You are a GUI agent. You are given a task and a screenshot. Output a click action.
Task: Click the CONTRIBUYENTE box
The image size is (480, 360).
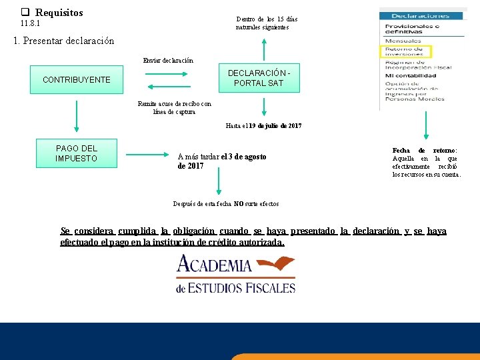(77, 79)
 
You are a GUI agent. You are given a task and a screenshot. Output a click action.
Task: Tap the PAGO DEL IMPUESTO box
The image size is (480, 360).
(77, 153)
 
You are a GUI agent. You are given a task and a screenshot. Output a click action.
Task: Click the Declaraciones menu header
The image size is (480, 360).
(421, 15)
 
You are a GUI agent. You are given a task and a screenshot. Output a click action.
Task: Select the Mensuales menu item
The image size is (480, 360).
(403, 41)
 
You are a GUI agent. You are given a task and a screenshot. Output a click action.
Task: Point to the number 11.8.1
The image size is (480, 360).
(30, 23)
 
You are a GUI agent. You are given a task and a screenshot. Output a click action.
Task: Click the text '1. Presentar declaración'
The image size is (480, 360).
(64, 41)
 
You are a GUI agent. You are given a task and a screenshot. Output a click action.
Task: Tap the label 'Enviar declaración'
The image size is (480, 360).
(168, 61)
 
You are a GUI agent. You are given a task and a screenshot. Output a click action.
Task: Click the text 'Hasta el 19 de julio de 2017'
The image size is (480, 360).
(263, 125)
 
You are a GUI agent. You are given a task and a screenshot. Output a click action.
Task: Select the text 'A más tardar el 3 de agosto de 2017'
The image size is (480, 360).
(221, 161)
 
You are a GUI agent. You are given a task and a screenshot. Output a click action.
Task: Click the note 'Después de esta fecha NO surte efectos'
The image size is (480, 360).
(225, 203)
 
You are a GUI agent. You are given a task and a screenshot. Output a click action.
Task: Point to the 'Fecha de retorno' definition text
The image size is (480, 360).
(426, 163)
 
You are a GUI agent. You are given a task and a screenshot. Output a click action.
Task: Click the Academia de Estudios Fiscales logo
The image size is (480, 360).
(235, 274)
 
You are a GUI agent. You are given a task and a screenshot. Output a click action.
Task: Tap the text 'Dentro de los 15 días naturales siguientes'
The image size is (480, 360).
(266, 23)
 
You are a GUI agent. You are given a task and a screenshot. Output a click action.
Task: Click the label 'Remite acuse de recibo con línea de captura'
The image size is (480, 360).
(174, 107)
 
